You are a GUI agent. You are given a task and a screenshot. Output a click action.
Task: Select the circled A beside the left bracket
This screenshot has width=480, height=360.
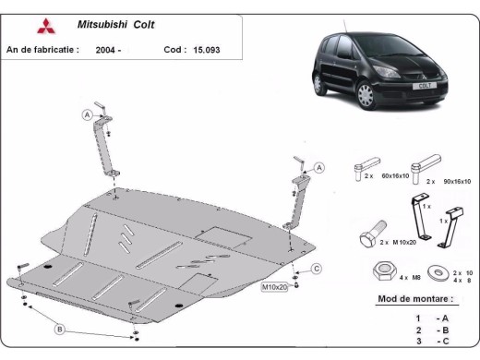click(x=88, y=114)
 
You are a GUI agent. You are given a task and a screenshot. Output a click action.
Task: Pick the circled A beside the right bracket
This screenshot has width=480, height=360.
click(x=319, y=167)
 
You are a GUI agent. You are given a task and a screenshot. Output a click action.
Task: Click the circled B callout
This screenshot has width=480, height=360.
click(x=60, y=329)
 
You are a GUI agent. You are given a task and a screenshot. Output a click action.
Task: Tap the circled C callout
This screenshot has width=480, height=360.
click(x=316, y=269)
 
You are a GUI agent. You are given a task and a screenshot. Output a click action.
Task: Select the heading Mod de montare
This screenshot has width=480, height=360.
click(x=415, y=300)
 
